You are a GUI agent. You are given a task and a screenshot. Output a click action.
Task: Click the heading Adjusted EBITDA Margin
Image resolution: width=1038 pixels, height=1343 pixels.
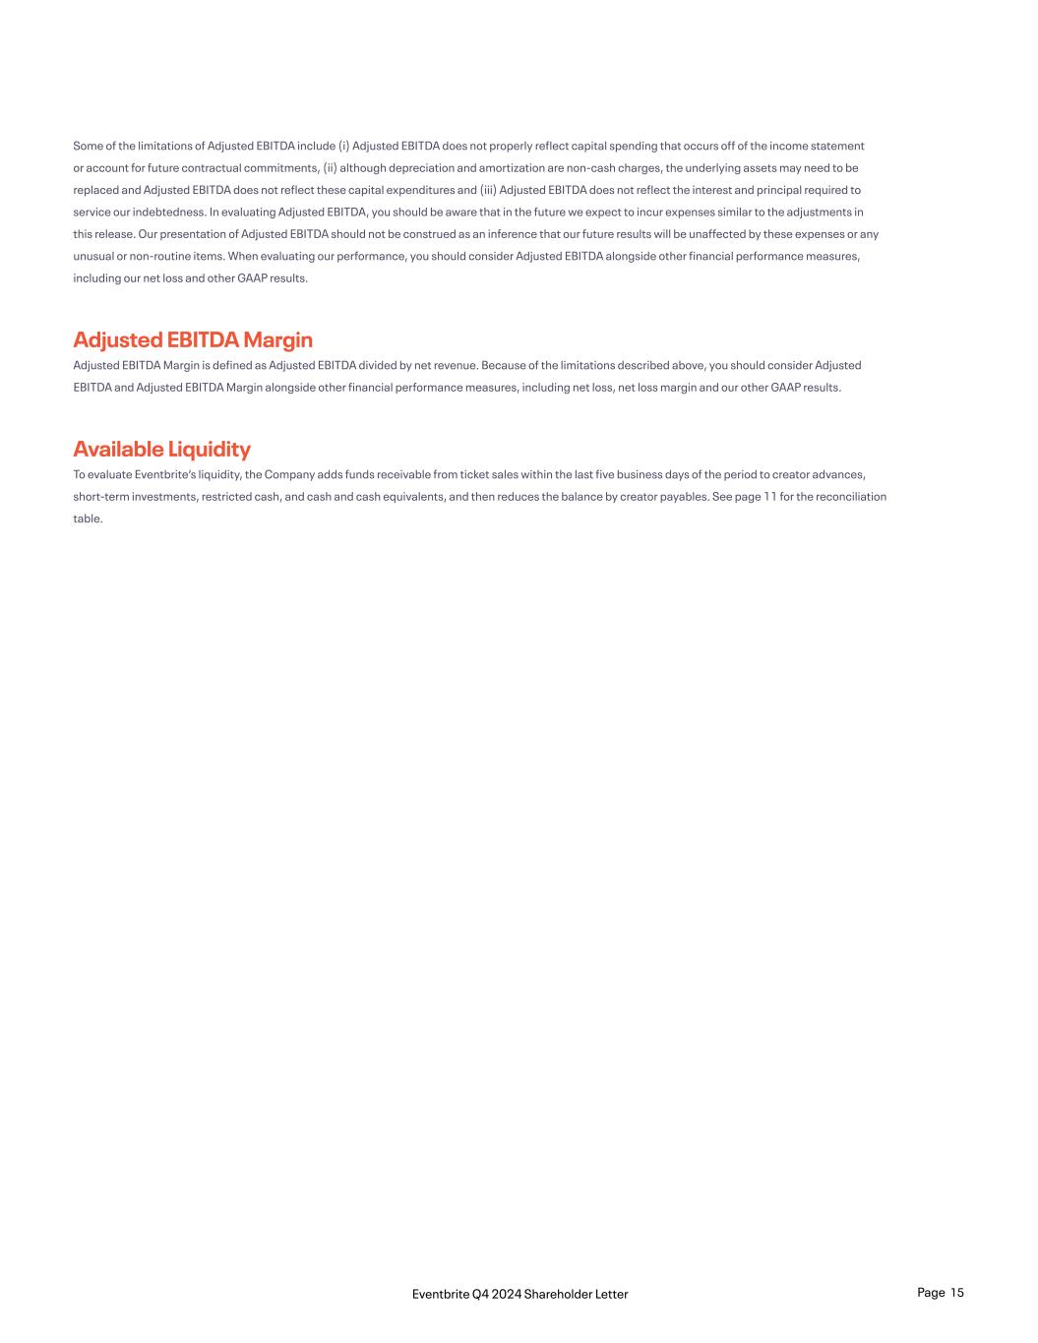193,340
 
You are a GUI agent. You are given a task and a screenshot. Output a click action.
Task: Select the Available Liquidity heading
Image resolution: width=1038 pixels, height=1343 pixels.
161,450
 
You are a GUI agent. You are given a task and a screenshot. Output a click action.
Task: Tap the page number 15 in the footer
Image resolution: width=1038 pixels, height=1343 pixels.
957,1293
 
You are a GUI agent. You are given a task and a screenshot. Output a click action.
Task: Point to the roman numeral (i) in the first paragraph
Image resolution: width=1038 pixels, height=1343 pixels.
343,147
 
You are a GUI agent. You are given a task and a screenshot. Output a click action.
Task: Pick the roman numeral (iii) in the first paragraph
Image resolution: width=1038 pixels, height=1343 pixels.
487,190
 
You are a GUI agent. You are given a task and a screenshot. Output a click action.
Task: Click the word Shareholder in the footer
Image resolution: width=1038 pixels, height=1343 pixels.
556,1294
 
